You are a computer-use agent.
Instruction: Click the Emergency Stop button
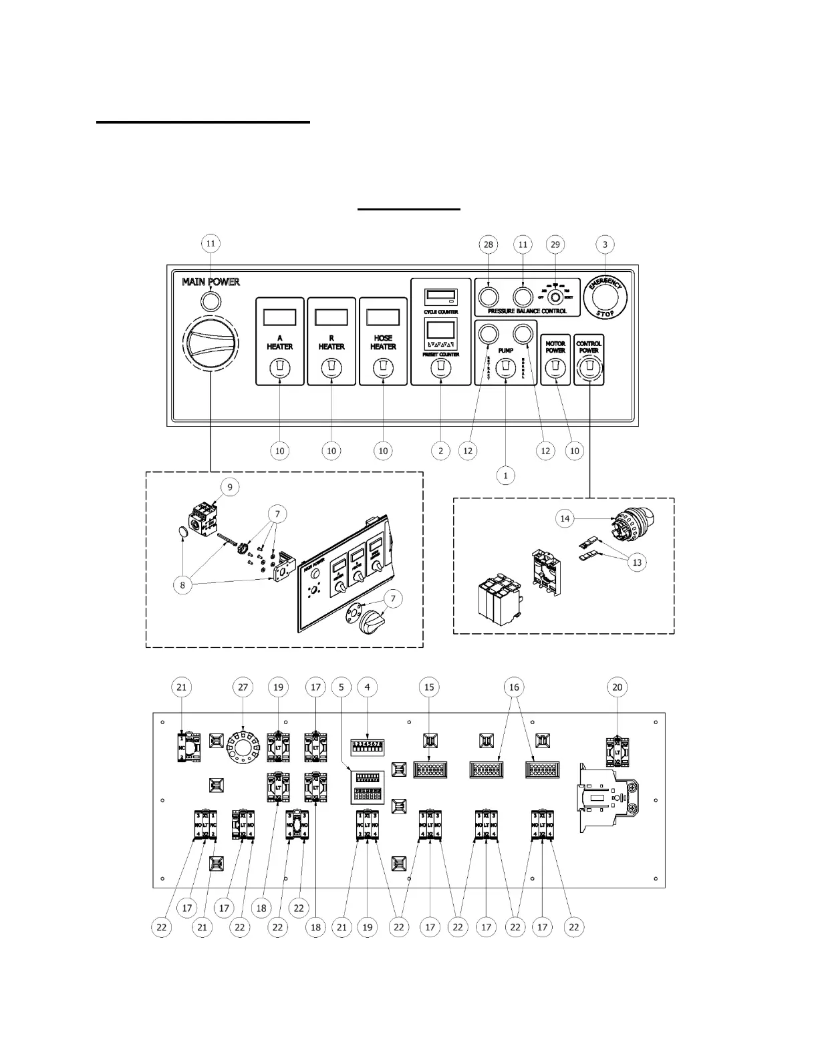pos(605,298)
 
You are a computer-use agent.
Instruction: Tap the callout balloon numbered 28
pos(489,244)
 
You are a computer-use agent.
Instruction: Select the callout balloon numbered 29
pos(555,244)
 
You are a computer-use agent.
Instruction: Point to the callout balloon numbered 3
pos(605,244)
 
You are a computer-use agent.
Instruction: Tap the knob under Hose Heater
pos(382,367)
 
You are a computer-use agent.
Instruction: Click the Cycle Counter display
pos(440,296)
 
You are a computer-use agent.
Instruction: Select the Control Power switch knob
pos(589,367)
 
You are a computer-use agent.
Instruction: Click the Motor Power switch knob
pos(555,367)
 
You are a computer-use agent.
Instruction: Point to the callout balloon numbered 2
pos(440,451)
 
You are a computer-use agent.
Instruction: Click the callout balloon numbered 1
pos(506,476)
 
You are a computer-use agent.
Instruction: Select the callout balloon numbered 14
pos(565,518)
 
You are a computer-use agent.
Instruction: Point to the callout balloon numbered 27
pos(243,687)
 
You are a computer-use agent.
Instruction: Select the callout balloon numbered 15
pos(429,687)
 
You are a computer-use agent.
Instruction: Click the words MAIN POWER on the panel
pos(211,282)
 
